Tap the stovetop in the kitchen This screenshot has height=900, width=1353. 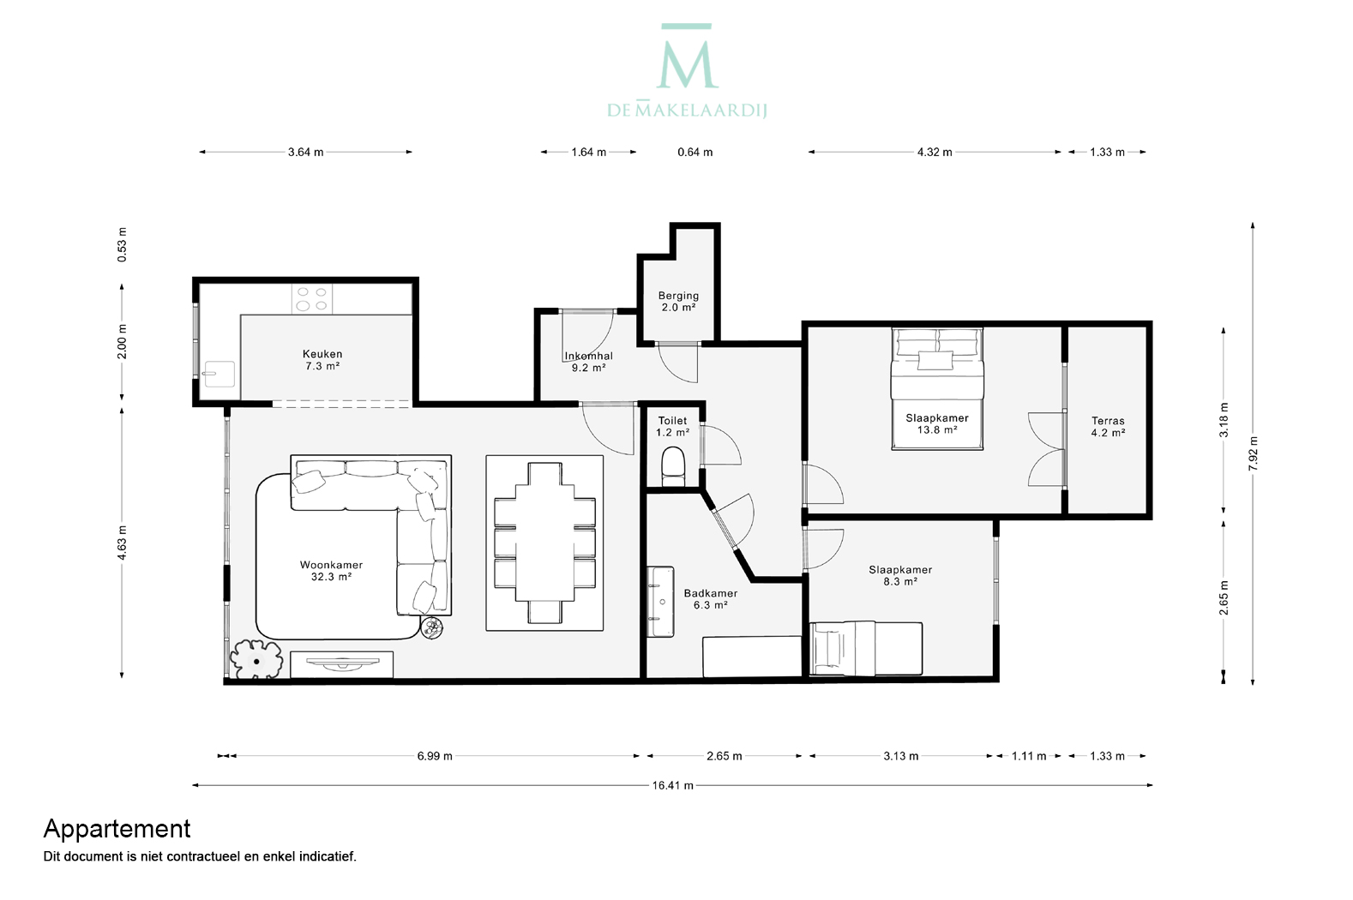click(312, 299)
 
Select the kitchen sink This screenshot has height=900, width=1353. click(218, 374)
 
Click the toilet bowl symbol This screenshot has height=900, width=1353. click(673, 466)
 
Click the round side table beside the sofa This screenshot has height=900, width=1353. click(432, 628)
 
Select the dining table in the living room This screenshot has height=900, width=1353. click(544, 543)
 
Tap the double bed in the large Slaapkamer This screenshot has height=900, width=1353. click(937, 389)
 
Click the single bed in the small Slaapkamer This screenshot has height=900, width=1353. click(866, 649)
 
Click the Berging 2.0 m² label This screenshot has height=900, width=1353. click(678, 302)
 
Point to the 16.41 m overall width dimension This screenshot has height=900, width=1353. click(672, 785)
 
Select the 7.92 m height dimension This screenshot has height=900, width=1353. click(1253, 453)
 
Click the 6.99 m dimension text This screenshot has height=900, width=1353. click(435, 756)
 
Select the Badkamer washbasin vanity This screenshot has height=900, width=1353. click(660, 602)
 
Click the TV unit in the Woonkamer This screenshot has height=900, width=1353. click(342, 664)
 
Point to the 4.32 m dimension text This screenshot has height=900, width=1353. click(935, 153)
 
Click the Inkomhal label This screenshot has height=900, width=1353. click(588, 357)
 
